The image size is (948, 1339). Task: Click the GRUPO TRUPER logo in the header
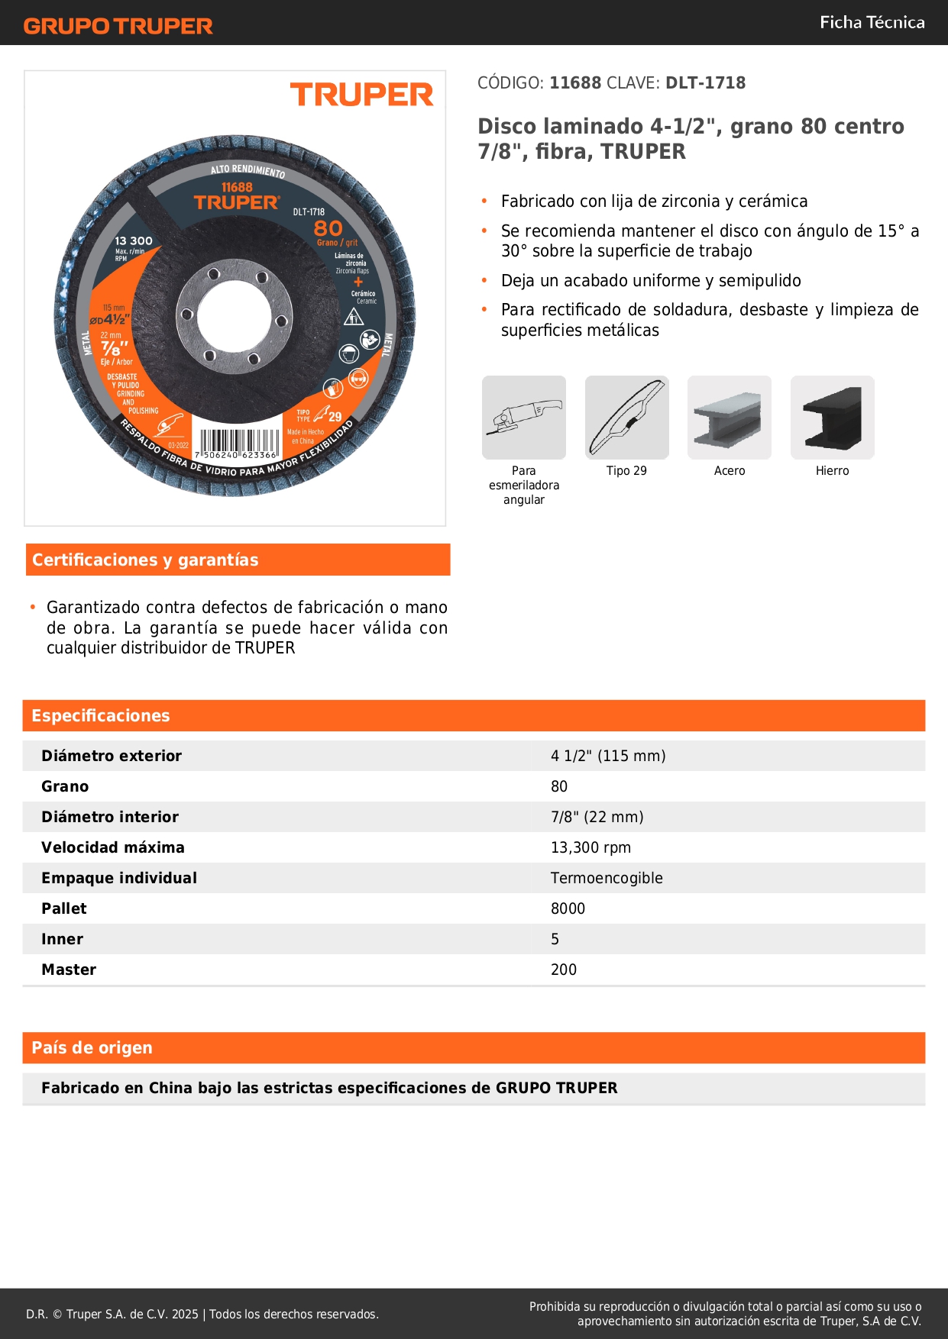coord(118,26)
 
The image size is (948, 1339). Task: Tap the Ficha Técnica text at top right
coord(872,23)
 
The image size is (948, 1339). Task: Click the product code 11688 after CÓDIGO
coord(575,83)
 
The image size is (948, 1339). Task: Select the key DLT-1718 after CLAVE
coord(705,83)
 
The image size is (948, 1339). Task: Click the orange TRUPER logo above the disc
coord(361,95)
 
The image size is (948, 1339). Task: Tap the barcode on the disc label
coord(239,443)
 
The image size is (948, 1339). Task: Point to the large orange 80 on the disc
coord(328,228)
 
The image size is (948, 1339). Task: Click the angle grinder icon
coord(524,418)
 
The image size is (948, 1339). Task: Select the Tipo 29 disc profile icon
coord(626,418)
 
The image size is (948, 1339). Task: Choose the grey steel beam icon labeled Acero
coord(729,418)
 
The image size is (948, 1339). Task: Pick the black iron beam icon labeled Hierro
coord(832,418)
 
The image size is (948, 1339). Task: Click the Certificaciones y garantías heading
coord(145,560)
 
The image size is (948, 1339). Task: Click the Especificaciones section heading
coord(101,716)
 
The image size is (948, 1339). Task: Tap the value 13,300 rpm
coord(590,847)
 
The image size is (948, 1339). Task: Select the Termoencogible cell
coord(607,878)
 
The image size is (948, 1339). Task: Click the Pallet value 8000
coord(568,908)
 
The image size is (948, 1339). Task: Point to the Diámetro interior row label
coord(110,817)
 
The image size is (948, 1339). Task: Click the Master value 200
coord(564,970)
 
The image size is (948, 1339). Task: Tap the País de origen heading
coord(92,1048)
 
